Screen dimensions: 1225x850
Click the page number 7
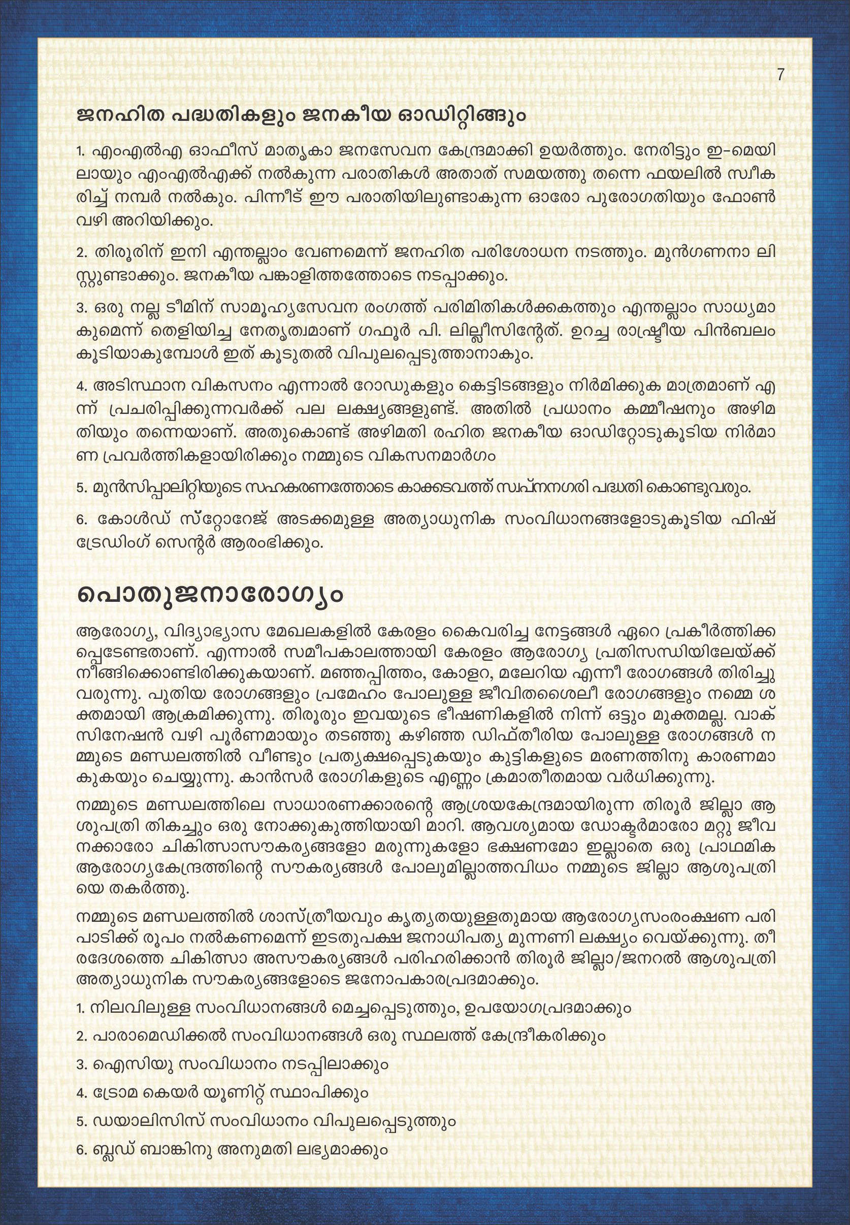(x=780, y=75)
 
